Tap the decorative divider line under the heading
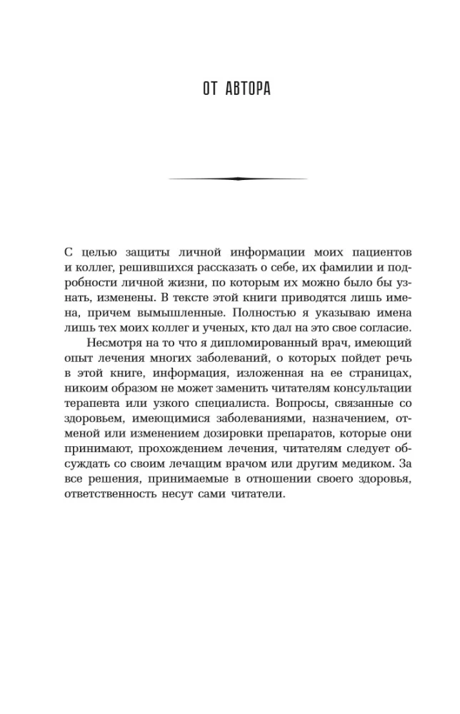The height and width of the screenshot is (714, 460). tap(236, 178)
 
